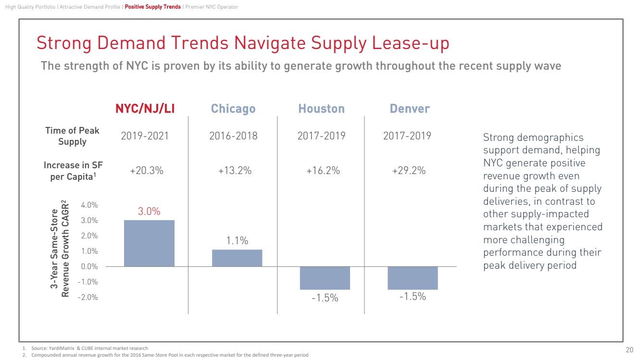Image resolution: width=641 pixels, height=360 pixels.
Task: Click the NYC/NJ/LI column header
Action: [145, 109]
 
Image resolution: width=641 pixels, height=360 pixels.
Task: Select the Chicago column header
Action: [233, 109]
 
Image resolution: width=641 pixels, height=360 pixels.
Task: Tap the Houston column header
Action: [321, 109]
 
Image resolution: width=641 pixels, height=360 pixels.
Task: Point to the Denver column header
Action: [410, 109]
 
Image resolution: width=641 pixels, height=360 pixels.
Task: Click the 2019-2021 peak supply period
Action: [145, 136]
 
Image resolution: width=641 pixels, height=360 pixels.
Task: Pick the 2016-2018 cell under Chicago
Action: [233, 136]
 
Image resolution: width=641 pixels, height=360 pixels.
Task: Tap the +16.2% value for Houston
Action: [323, 170]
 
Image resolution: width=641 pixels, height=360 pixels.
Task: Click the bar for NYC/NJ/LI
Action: [149, 243]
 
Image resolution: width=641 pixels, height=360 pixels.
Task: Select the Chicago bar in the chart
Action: [237, 258]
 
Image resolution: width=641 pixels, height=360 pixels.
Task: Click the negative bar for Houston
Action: [325, 278]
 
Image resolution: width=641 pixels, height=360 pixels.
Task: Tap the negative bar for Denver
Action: [413, 278]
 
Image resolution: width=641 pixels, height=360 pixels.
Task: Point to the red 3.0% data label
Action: [149, 211]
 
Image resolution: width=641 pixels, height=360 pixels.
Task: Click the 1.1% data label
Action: [237, 241]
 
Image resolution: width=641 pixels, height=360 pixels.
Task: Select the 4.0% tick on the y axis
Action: [89, 205]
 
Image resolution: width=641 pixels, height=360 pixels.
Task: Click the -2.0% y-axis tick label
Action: [88, 297]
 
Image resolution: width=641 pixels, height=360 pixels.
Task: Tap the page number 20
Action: [629, 349]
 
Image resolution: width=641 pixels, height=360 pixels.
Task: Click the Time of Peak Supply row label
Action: [72, 136]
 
